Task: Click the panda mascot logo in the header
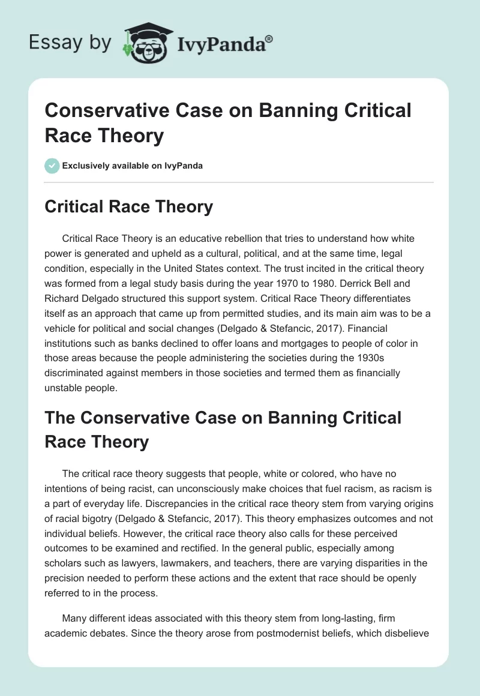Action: tap(146, 43)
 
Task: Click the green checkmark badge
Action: tap(52, 166)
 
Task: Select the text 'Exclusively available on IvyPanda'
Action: tap(133, 166)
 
